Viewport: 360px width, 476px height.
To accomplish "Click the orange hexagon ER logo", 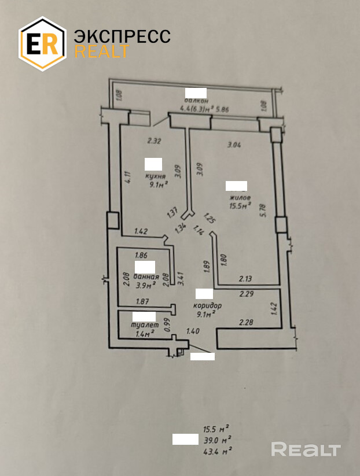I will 43,43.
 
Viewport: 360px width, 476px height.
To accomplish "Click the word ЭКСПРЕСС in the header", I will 122,36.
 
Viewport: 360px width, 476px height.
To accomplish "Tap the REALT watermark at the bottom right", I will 306,449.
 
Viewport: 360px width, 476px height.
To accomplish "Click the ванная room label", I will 147,276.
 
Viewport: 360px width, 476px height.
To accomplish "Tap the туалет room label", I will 145,325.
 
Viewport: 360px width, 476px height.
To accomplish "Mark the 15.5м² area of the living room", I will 239,205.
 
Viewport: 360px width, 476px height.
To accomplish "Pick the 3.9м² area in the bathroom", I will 147,285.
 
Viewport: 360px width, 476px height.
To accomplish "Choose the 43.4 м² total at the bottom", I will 218,449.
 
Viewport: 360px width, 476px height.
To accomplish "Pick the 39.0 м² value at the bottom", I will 217,440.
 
